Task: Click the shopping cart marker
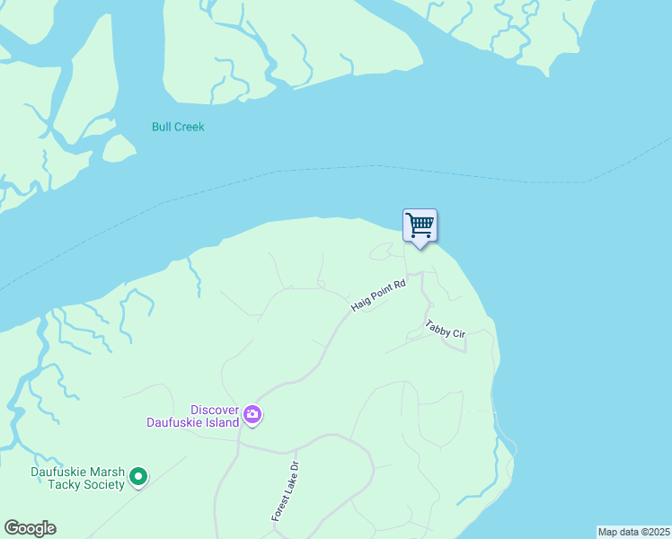[x=420, y=225]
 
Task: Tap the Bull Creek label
[x=178, y=127]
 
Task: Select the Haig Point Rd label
[x=378, y=295]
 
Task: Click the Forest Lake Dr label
[x=285, y=492]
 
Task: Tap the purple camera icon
[x=252, y=415]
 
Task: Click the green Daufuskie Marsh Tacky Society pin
[x=137, y=476]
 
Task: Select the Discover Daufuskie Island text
[x=192, y=415]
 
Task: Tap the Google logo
[x=30, y=528]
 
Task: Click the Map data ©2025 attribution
[x=633, y=532]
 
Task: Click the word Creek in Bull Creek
[x=190, y=127]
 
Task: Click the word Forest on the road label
[x=278, y=508]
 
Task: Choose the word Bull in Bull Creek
[x=162, y=127]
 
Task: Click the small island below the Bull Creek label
[x=118, y=148]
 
